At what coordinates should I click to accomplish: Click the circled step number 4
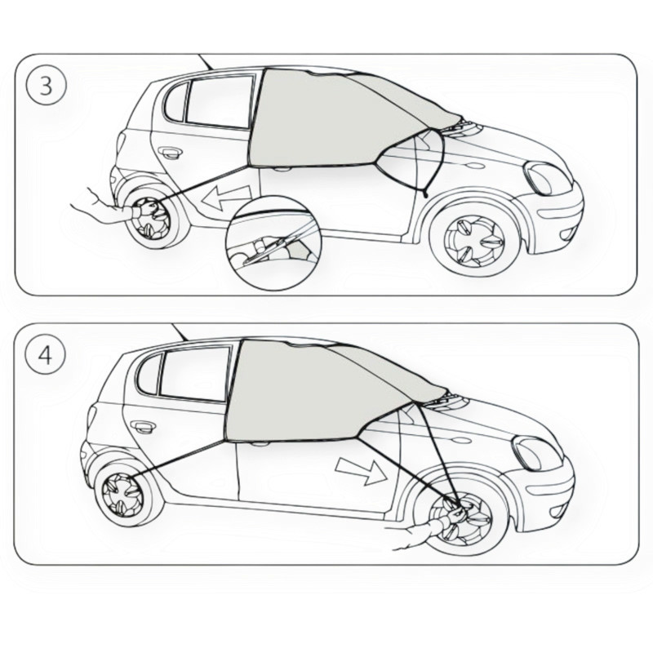tap(46, 356)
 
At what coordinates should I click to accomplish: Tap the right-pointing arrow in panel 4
tap(362, 472)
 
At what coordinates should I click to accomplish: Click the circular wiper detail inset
tap(273, 243)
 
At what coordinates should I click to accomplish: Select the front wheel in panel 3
tap(475, 242)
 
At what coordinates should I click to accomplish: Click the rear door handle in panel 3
tap(171, 153)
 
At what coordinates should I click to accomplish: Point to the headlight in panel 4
tap(536, 454)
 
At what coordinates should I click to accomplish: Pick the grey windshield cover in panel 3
tap(333, 121)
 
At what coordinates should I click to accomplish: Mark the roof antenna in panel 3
tap(207, 62)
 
